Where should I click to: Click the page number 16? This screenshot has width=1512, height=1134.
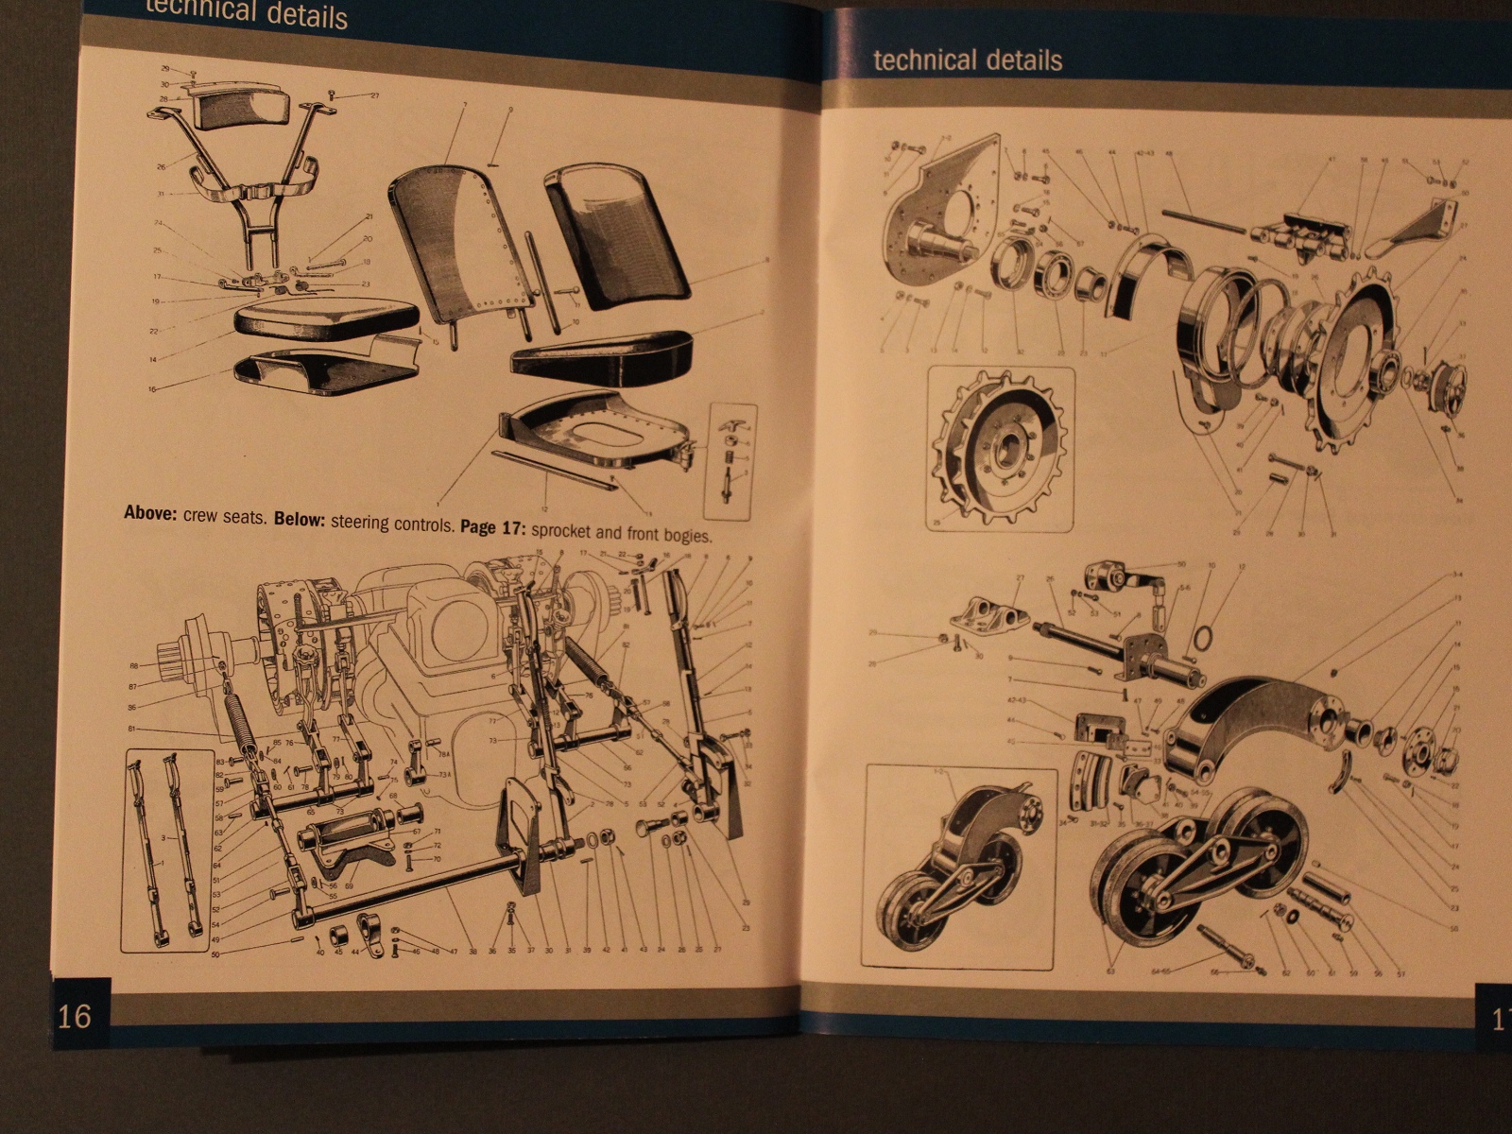click(x=75, y=1016)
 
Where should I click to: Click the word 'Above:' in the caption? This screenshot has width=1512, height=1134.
click(x=150, y=514)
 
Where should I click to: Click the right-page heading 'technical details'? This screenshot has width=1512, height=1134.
click(x=967, y=60)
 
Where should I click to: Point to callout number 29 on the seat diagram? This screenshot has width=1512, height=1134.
click(x=165, y=69)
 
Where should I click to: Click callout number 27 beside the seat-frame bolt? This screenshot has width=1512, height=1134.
click(x=374, y=95)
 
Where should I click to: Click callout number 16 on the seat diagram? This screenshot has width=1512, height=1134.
click(x=151, y=388)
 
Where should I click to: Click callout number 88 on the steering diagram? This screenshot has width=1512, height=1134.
click(x=133, y=665)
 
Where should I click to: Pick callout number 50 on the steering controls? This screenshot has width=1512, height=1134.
click(x=215, y=955)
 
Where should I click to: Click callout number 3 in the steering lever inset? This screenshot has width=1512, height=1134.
click(x=163, y=838)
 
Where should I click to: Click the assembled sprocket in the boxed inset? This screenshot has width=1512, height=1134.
click(x=1000, y=450)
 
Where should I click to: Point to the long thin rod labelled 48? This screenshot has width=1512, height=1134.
click(x=1201, y=222)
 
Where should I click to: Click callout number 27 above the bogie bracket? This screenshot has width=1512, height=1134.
click(x=1020, y=577)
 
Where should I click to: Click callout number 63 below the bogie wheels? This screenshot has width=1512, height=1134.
click(x=1111, y=971)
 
